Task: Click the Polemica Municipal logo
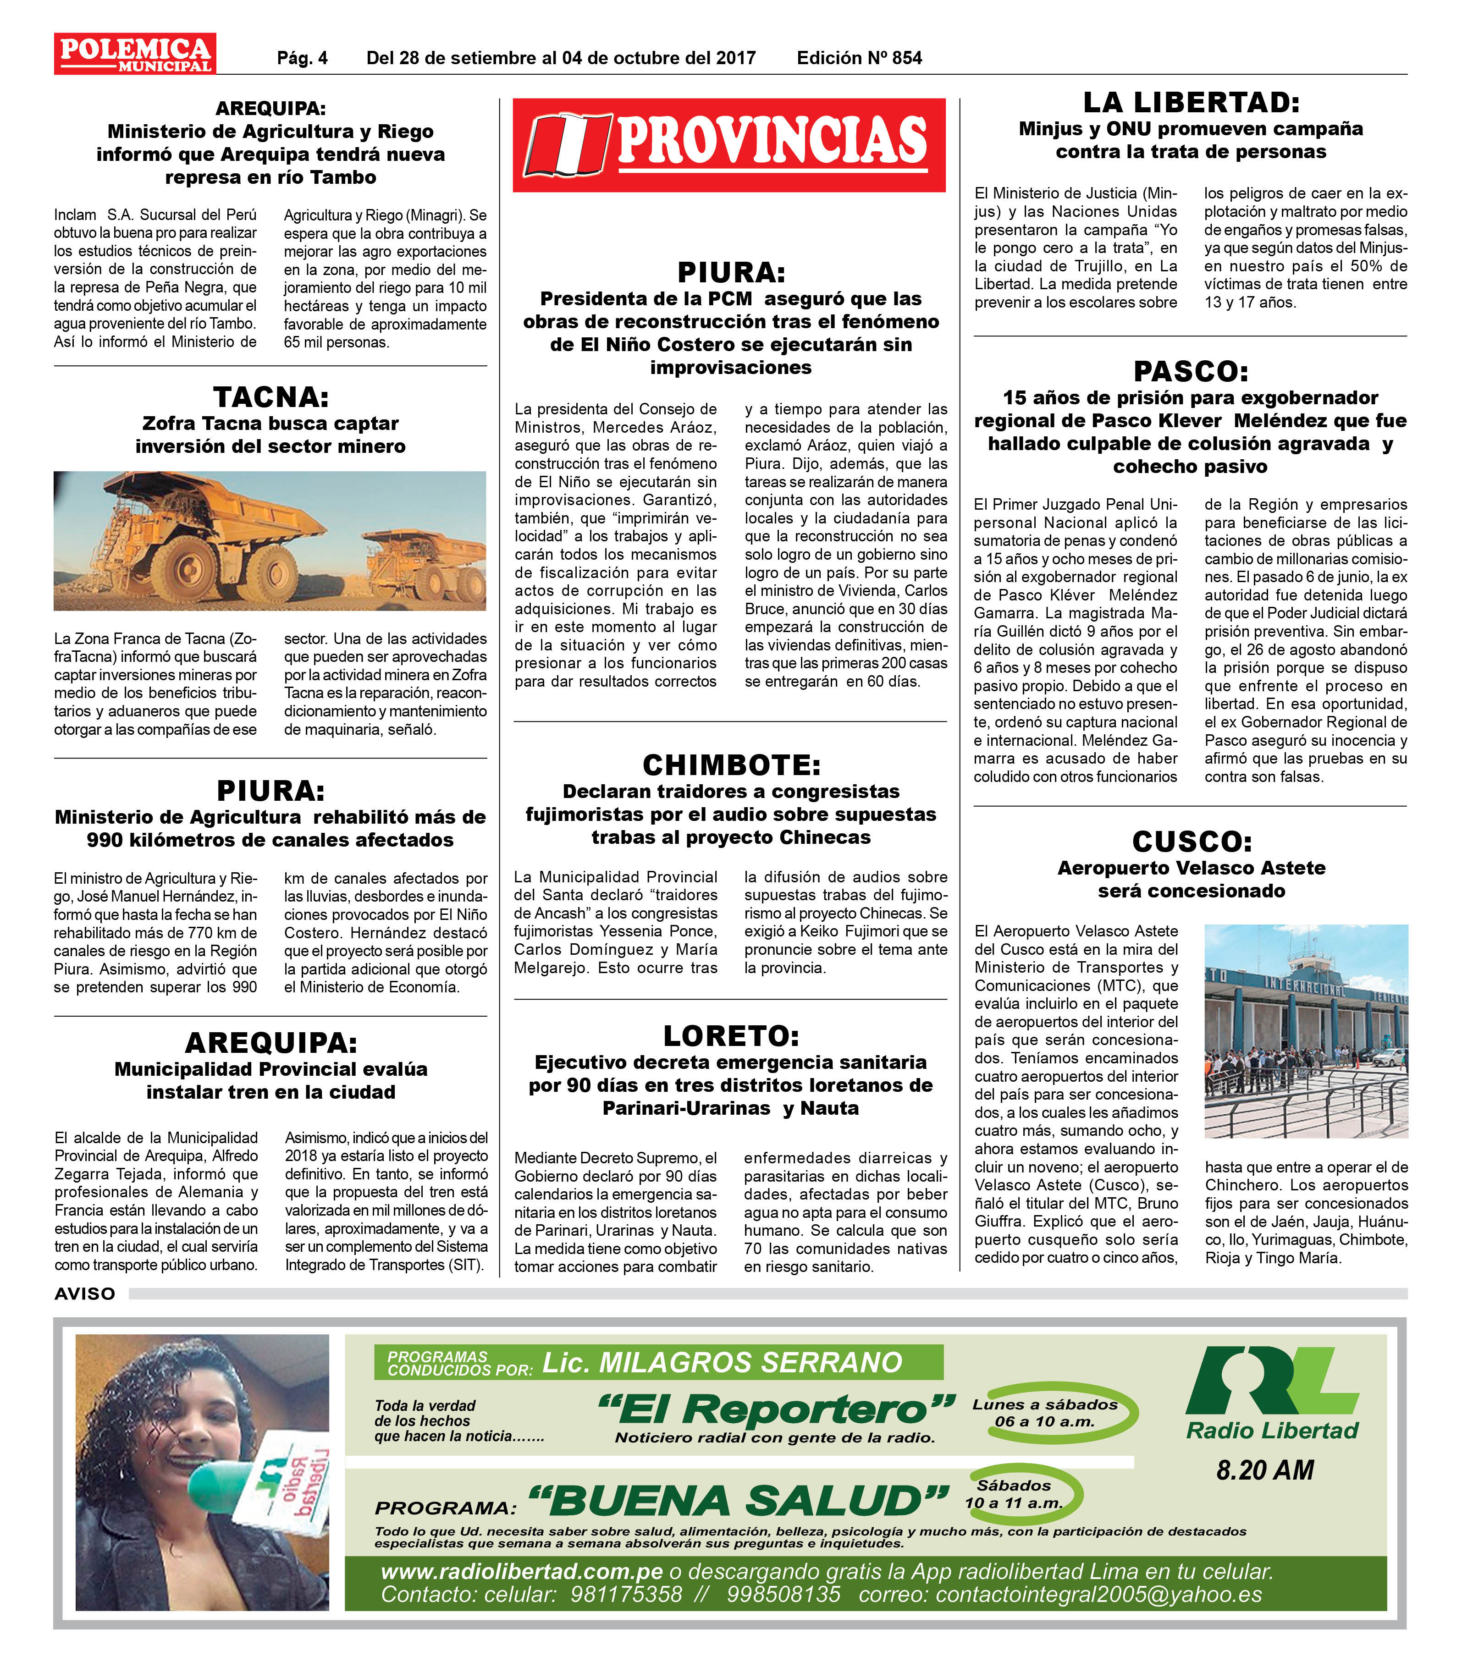[135, 54]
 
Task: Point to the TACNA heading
[271, 397]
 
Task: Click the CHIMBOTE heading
[731, 765]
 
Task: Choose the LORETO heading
[731, 1036]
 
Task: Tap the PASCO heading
[1191, 372]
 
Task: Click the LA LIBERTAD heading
[1191, 103]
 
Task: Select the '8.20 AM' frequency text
[1264, 1470]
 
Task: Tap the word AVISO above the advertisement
[84, 1293]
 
